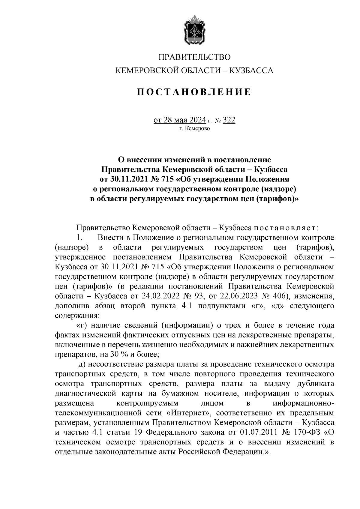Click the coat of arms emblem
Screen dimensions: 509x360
pos(194,30)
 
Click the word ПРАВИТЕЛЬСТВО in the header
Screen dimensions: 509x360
pos(194,57)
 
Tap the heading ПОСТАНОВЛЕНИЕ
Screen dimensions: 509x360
pos(194,91)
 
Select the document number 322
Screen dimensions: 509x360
pos(229,120)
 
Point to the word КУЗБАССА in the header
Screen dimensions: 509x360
pos(251,71)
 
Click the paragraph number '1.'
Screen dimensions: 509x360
pos(79,238)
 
